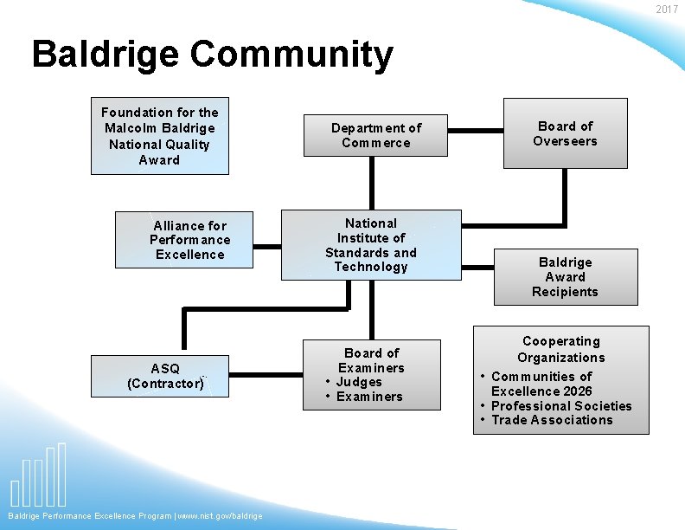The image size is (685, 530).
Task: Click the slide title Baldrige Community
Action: coord(212,55)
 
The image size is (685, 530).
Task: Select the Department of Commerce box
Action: coord(375,136)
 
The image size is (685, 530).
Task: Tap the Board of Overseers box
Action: coord(565,134)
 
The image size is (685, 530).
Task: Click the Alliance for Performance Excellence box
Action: coord(189,240)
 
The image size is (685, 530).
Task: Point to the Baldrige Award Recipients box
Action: coord(565,277)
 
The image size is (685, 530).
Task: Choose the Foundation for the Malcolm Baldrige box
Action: coord(160,136)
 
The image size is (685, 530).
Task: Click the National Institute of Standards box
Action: coord(371,245)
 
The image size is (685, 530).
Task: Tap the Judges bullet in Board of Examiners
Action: coord(359,382)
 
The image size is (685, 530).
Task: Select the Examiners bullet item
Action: coord(369,397)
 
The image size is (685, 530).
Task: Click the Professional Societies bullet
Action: coord(561,406)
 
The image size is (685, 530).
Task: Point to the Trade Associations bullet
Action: coord(552,420)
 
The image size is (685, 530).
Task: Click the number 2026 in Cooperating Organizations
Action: coord(575,391)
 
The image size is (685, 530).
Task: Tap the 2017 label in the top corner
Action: coord(667,10)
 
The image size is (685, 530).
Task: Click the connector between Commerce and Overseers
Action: coord(476,132)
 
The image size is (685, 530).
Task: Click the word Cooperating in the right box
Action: coord(561,341)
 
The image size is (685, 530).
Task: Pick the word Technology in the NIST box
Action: coord(371,267)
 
